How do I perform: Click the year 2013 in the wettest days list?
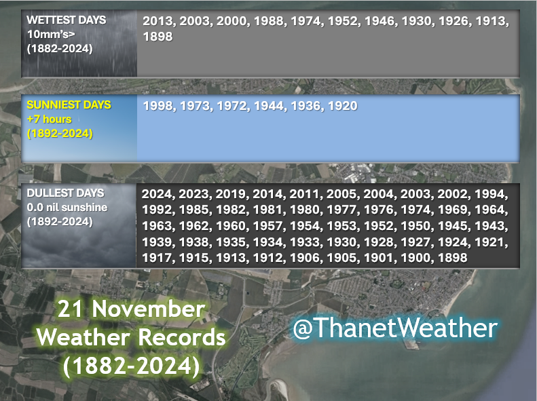pyautogui.click(x=157, y=22)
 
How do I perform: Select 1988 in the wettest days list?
pyautogui.click(x=269, y=22)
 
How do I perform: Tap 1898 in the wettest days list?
pyautogui.click(x=157, y=37)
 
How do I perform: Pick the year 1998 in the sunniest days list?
pyautogui.click(x=157, y=106)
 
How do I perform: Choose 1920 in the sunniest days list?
pyautogui.click(x=343, y=106)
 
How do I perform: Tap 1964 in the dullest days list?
pyautogui.click(x=489, y=210)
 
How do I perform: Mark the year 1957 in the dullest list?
pyautogui.click(x=267, y=226)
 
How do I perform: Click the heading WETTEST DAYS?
pyautogui.click(x=67, y=20)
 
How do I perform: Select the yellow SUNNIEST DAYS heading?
pyautogui.click(x=69, y=106)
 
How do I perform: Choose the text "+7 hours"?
pyautogui.click(x=49, y=120)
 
